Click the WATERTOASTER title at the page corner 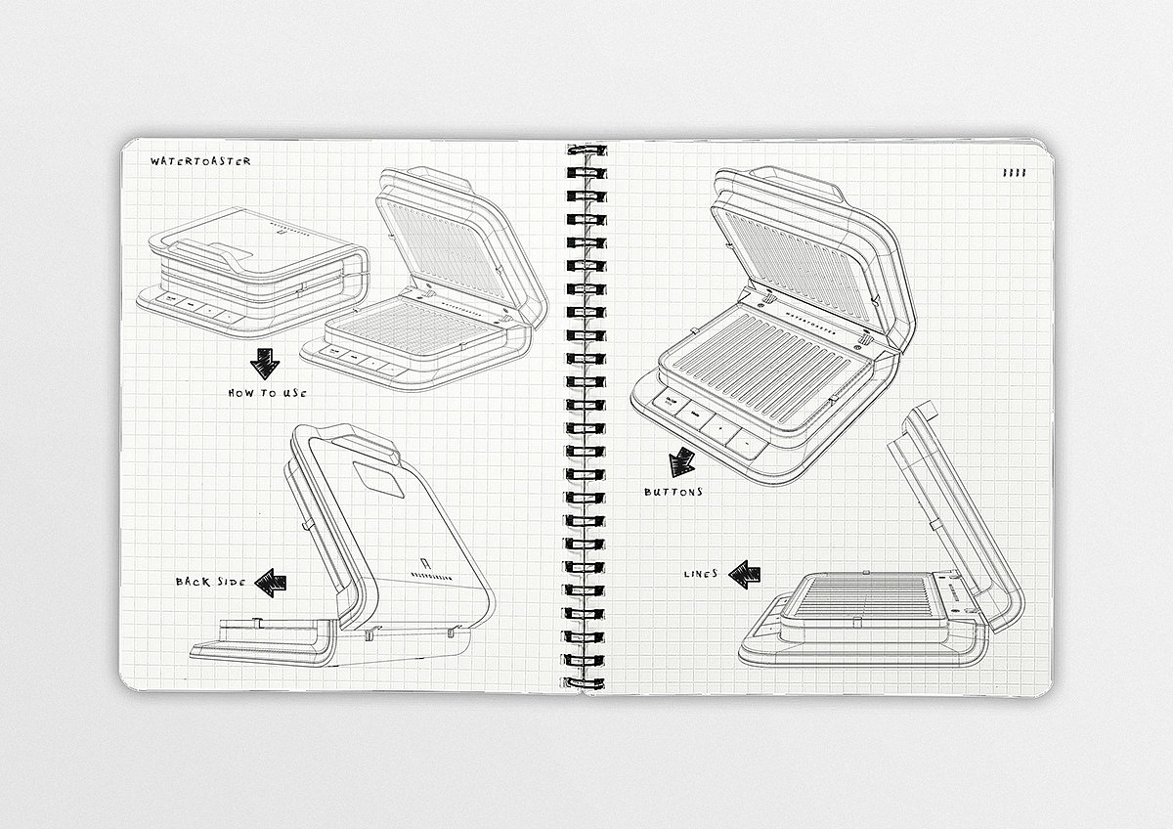pos(200,161)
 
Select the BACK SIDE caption pos(209,582)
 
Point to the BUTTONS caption pos(673,492)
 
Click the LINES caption pos(701,574)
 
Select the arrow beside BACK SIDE pos(271,584)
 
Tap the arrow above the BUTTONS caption pos(681,463)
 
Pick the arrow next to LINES pos(745,574)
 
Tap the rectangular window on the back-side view pos(379,479)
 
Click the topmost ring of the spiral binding pos(583,154)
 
